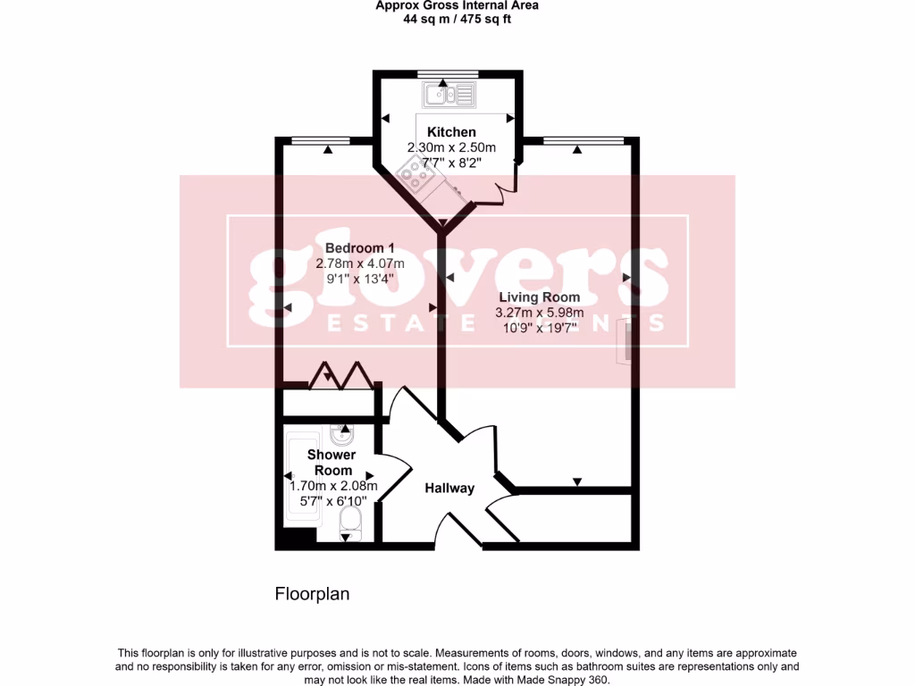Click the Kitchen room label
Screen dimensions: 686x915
tap(451, 132)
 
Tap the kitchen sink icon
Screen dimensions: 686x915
tap(452, 93)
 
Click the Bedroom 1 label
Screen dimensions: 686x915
tap(360, 247)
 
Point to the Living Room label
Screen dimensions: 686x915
tap(539, 297)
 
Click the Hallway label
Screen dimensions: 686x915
tap(449, 488)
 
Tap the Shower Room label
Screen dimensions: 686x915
tap(332, 462)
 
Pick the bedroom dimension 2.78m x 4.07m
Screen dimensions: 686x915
tap(360, 264)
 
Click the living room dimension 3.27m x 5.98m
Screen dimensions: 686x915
tap(539, 313)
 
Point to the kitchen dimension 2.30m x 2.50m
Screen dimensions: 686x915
tap(451, 147)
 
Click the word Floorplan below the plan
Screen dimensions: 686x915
tap(311, 593)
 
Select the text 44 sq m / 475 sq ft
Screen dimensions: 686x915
tap(457, 19)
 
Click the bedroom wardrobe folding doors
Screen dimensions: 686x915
tap(341, 376)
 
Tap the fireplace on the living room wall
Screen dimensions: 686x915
tap(626, 342)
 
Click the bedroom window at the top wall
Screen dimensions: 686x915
tap(320, 138)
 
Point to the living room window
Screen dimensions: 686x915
tap(583, 138)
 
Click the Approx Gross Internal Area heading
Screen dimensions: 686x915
tap(457, 5)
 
